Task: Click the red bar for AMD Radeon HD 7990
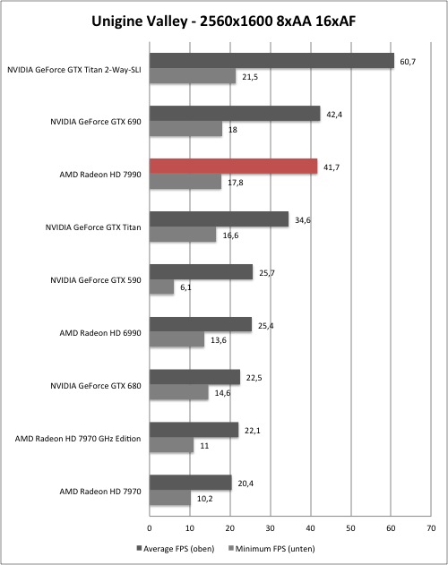click(x=234, y=167)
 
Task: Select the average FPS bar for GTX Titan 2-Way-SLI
click(x=272, y=61)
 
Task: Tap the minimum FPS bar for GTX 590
click(x=162, y=287)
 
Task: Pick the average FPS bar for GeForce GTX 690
click(x=235, y=114)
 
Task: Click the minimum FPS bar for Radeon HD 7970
click(x=170, y=498)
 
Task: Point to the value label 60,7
click(x=408, y=62)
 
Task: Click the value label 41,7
click(x=332, y=167)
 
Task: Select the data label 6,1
click(x=185, y=287)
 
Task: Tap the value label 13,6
click(x=219, y=340)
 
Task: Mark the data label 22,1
click(x=253, y=431)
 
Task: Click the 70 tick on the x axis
click(x=431, y=528)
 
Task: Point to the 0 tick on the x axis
click(x=150, y=528)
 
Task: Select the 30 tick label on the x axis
click(x=271, y=528)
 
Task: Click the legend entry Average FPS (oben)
click(x=176, y=549)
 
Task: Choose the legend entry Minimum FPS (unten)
click(x=272, y=549)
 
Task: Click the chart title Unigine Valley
click(x=139, y=21)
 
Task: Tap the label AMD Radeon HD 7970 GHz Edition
click(x=78, y=439)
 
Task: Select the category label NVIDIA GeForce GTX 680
click(x=96, y=386)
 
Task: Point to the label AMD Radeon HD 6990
click(x=100, y=333)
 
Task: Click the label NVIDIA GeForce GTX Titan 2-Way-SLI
click(x=74, y=70)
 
